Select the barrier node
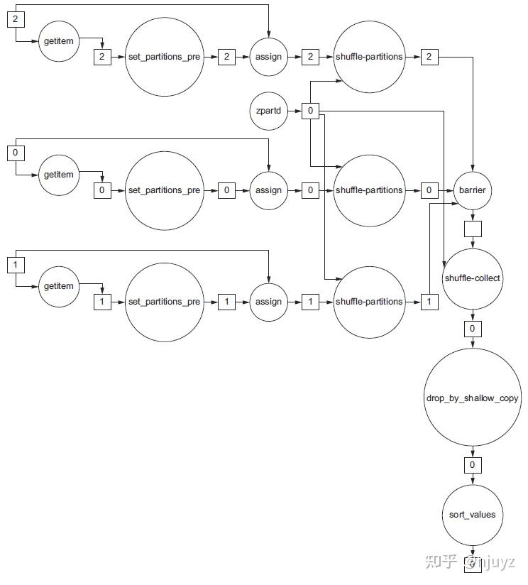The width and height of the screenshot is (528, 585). [473, 190]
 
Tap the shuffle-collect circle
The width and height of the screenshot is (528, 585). [473, 278]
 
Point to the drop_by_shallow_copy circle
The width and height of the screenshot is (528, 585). [473, 398]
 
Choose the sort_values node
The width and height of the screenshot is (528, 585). [473, 514]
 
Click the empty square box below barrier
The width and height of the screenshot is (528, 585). [473, 229]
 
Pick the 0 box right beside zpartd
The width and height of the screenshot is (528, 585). [310, 111]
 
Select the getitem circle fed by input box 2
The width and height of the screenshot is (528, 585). [59, 42]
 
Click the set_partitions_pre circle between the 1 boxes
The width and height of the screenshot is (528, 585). [165, 302]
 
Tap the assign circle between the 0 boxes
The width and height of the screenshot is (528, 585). [268, 190]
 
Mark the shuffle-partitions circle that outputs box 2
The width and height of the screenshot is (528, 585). [369, 56]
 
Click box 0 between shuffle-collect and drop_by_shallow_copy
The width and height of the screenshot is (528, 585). [473, 329]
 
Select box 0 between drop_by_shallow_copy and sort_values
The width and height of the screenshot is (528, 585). [473, 466]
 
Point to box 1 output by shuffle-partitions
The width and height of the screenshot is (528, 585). [429, 302]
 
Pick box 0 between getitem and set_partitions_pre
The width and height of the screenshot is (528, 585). [103, 190]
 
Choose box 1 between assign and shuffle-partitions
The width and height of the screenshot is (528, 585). [310, 302]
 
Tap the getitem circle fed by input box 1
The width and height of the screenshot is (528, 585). [59, 286]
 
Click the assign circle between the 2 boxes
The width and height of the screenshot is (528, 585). [268, 56]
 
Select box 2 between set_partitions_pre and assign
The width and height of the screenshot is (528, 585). [226, 56]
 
